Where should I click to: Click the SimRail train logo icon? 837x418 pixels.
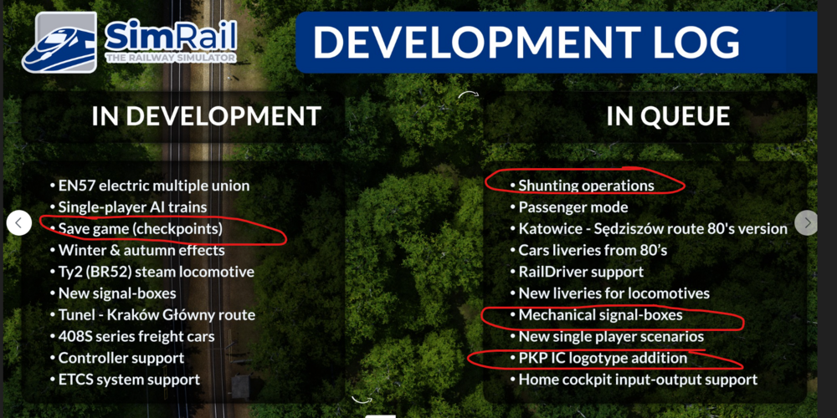(x=59, y=42)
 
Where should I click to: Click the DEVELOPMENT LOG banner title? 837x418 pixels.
(x=526, y=42)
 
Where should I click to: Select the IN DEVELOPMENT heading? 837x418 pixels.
(x=206, y=116)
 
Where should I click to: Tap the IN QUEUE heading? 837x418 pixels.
(x=668, y=116)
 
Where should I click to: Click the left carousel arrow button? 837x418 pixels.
(x=18, y=223)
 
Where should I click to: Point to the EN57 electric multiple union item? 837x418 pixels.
(x=150, y=186)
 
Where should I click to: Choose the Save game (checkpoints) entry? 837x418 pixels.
(x=136, y=229)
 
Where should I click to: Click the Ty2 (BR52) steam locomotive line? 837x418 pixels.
(x=152, y=272)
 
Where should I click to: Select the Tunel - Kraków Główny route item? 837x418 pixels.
(x=152, y=314)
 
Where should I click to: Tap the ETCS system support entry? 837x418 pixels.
(x=125, y=380)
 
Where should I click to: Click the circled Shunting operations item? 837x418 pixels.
(x=583, y=186)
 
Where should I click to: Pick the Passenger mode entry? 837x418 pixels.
(x=569, y=206)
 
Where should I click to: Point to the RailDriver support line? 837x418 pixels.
(x=577, y=272)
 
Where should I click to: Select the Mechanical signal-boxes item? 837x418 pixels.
(x=596, y=315)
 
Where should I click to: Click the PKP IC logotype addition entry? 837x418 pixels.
(x=599, y=358)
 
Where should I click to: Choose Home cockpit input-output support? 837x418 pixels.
(x=634, y=380)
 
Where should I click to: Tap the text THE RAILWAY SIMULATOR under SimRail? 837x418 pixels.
(x=171, y=58)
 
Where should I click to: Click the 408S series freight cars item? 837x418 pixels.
(x=132, y=336)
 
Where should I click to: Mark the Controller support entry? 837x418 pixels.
(x=117, y=359)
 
